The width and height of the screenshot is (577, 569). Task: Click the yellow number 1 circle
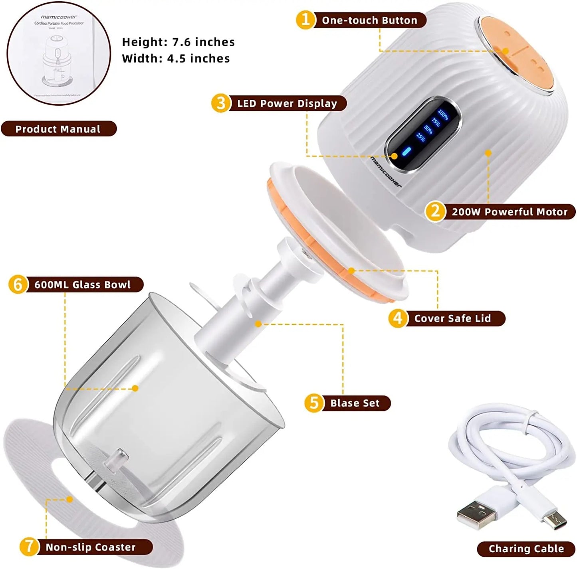[305, 20]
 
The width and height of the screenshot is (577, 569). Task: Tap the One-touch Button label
[369, 20]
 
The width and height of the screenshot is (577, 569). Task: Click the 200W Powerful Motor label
[509, 212]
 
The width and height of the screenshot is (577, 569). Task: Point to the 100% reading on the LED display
[443, 115]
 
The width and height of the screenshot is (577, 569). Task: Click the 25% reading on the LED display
[420, 137]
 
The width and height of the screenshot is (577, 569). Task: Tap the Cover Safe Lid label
[452, 318]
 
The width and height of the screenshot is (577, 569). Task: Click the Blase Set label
[355, 403]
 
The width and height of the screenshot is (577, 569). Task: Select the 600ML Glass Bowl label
[82, 284]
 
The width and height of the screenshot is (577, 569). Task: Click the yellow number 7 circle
[29, 546]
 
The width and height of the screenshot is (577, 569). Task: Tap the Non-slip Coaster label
[91, 547]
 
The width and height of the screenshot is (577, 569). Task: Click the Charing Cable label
[526, 549]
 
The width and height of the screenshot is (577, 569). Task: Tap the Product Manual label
[58, 129]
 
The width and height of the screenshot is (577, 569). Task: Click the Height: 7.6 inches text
[178, 42]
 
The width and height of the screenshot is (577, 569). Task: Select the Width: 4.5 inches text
[176, 59]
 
